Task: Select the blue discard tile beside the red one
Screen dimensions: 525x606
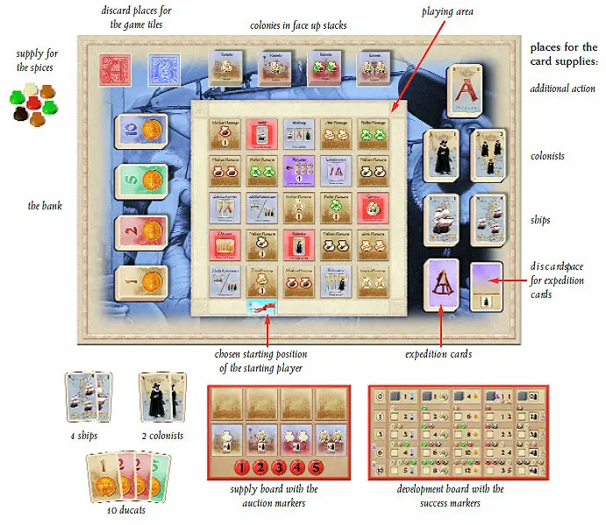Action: pyautogui.click(x=162, y=69)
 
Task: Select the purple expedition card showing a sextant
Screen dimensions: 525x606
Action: pyautogui.click(x=442, y=285)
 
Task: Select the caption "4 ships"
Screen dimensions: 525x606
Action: pyautogui.click(x=85, y=436)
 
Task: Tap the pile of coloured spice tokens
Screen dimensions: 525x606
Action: pyautogui.click(x=32, y=104)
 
